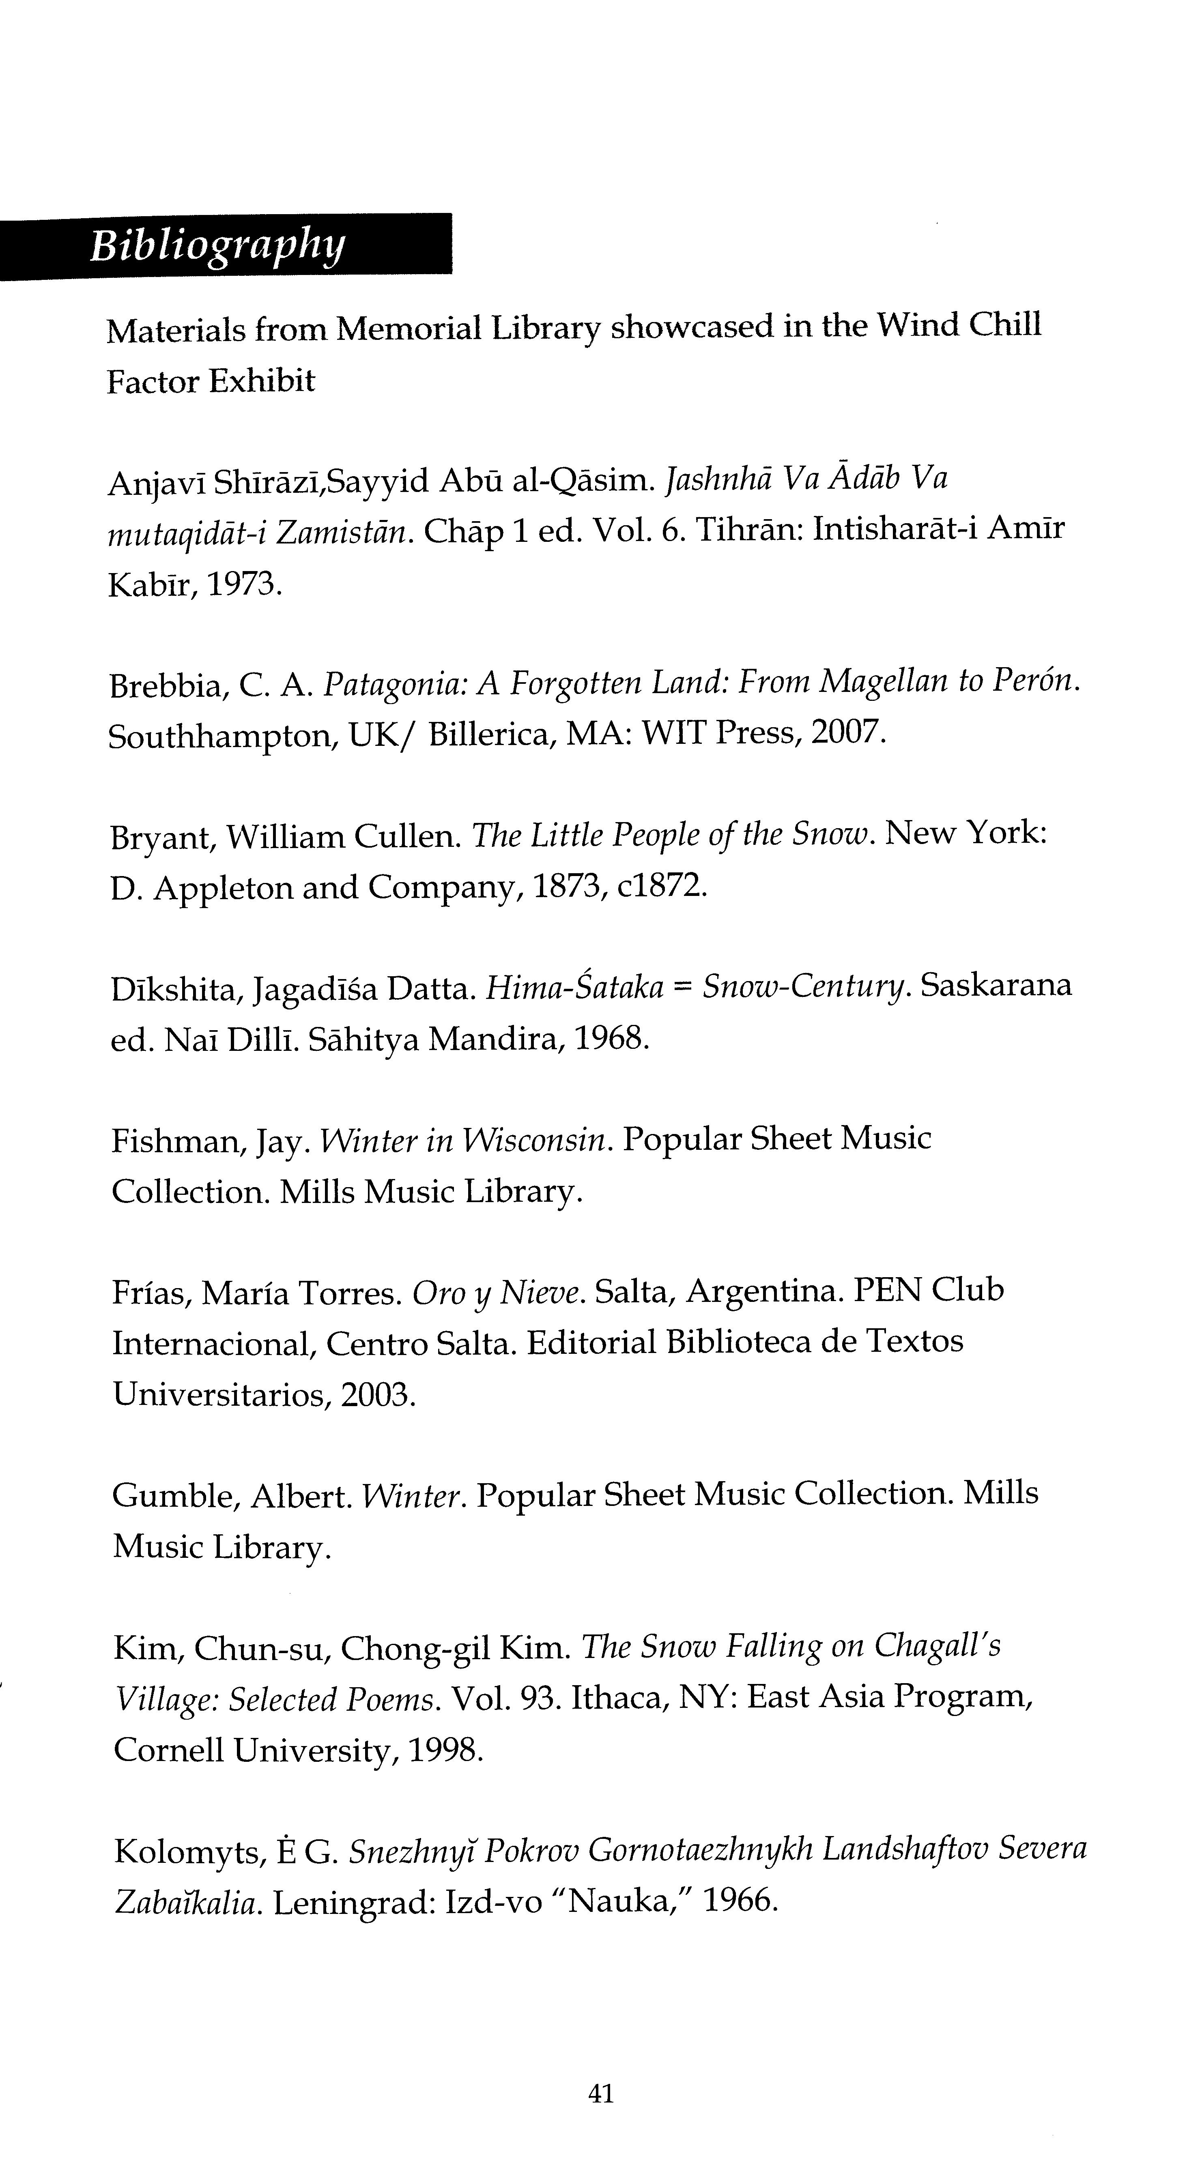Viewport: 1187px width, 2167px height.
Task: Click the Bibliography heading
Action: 217,246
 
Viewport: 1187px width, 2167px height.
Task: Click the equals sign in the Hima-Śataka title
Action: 682,987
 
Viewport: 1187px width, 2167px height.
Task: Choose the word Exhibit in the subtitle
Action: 262,381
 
